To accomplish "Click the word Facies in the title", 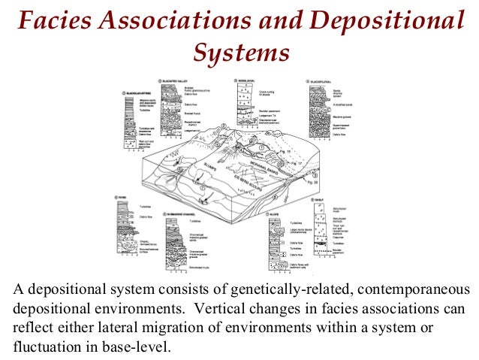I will [x=50, y=22].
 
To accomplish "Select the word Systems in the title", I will [x=240, y=52].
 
